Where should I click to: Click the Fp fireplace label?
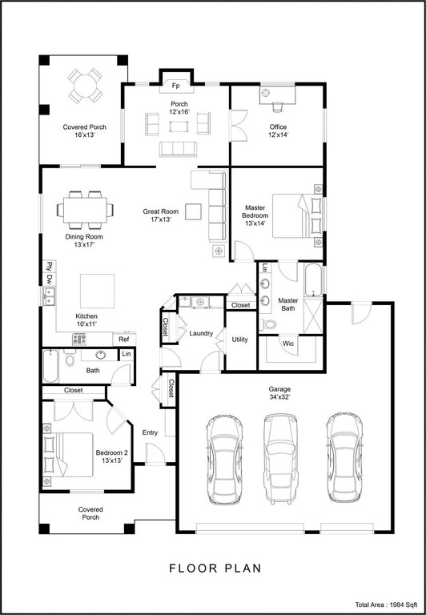[176, 86]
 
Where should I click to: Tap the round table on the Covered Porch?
[85, 86]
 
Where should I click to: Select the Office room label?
[278, 127]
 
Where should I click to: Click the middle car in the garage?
[280, 459]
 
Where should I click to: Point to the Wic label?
[288, 344]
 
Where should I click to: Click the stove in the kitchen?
[79, 339]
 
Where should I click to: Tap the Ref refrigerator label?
[124, 340]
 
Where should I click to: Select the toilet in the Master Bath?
[268, 325]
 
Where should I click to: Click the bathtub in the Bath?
[50, 366]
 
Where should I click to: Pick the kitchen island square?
[97, 291]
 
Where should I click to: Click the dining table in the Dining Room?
[85, 210]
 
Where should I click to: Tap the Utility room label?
[239, 340]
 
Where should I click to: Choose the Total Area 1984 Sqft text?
[387, 605]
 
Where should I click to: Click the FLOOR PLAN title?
[215, 568]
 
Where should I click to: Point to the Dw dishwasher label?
[50, 279]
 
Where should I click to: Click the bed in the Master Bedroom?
[297, 215]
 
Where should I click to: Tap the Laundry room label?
[201, 333]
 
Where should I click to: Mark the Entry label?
[150, 432]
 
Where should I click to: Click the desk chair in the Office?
[278, 107]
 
